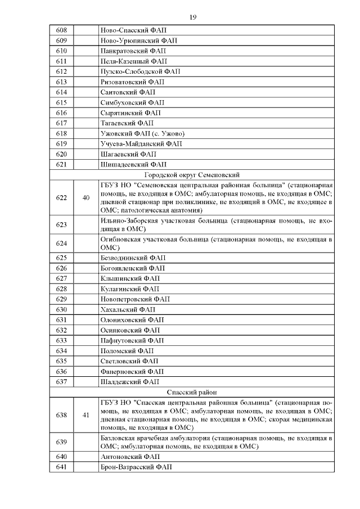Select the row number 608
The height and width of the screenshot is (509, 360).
click(62, 30)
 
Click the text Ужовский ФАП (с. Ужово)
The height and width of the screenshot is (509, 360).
click(142, 133)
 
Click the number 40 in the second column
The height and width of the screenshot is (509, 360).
click(86, 197)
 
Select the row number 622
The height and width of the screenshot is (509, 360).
click(62, 197)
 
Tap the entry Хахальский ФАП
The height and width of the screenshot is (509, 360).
click(128, 309)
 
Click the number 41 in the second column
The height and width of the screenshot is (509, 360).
click(86, 415)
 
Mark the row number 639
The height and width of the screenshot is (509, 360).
click(62, 442)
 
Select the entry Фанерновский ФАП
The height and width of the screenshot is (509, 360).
click(132, 371)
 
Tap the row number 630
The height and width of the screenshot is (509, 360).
click(62, 309)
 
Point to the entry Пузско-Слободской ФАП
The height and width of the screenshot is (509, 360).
click(140, 71)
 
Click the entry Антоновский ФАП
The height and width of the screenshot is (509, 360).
click(129, 456)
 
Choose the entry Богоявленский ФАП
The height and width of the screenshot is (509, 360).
click(132, 268)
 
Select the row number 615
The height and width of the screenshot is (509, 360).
click(62, 102)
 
